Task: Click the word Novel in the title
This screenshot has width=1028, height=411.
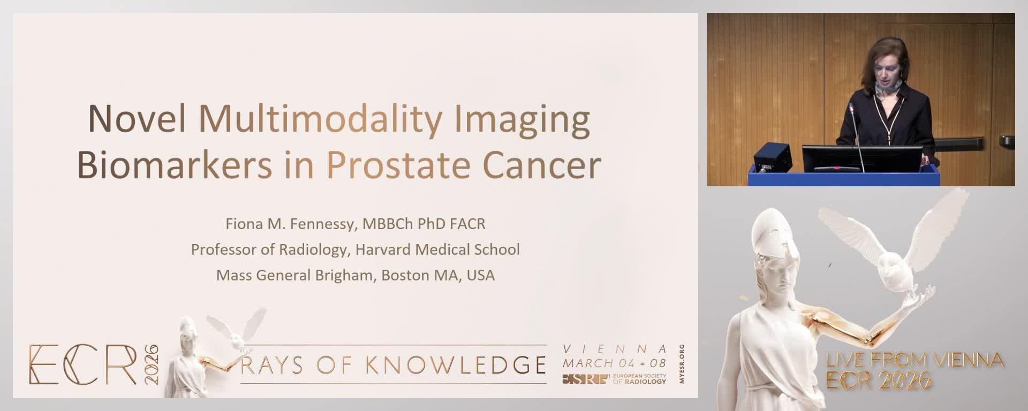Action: [x=137, y=119]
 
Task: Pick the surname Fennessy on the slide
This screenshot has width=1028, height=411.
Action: [x=323, y=224]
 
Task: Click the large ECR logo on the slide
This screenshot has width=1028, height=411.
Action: [x=83, y=364]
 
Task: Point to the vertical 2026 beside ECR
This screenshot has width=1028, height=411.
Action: [x=152, y=364]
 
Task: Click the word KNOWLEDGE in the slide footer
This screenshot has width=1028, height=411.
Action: [x=456, y=365]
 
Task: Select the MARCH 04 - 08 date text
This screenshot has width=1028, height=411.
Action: [x=614, y=363]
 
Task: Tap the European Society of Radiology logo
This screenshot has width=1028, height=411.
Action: [x=614, y=379]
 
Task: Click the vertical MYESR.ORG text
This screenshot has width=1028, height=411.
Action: [x=681, y=364]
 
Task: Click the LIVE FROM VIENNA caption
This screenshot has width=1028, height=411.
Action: [x=914, y=360]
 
